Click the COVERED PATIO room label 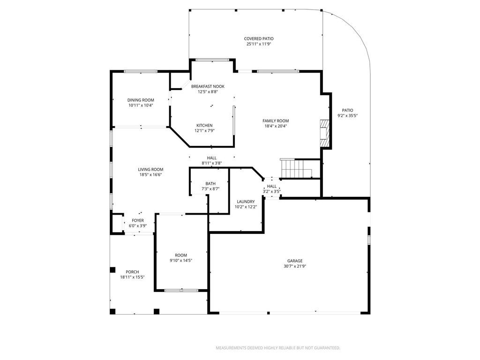[258, 39]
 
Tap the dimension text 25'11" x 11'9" [258, 44]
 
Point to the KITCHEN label [204, 126]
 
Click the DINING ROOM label [141, 100]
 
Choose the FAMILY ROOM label [275, 121]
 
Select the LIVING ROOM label [150, 170]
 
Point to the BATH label [210, 184]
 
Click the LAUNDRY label [246, 202]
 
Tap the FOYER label [138, 220]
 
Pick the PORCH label [132, 272]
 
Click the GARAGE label [295, 261]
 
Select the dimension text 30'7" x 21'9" [295, 266]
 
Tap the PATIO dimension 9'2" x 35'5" [347, 116]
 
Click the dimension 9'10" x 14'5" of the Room [180, 261]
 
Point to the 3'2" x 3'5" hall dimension [272, 191]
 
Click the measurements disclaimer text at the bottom [277, 348]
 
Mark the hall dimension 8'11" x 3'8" [211, 163]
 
